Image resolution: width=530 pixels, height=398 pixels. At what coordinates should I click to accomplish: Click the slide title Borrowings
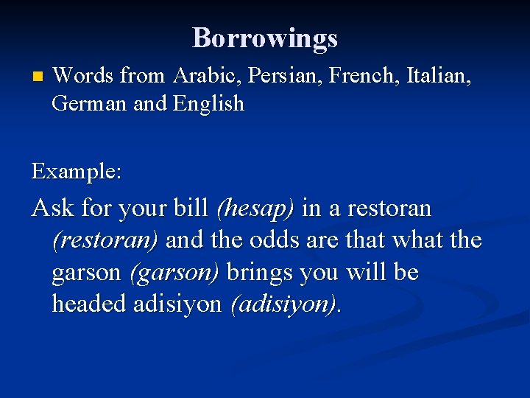[265, 38]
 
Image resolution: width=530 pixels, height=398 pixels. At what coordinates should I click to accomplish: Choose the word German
[89, 103]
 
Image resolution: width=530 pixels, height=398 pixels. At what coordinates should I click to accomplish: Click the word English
[208, 104]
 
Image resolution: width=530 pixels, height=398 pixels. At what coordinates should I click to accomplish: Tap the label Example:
[77, 172]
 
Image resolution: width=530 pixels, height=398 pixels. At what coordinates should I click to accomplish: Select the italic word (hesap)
[255, 209]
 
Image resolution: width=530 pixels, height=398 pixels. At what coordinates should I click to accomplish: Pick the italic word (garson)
[174, 273]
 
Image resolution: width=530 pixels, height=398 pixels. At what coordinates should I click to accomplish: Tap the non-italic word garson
[87, 273]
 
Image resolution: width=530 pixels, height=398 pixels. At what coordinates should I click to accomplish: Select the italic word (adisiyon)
[285, 304]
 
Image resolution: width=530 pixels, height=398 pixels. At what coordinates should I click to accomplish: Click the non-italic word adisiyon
[177, 304]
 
